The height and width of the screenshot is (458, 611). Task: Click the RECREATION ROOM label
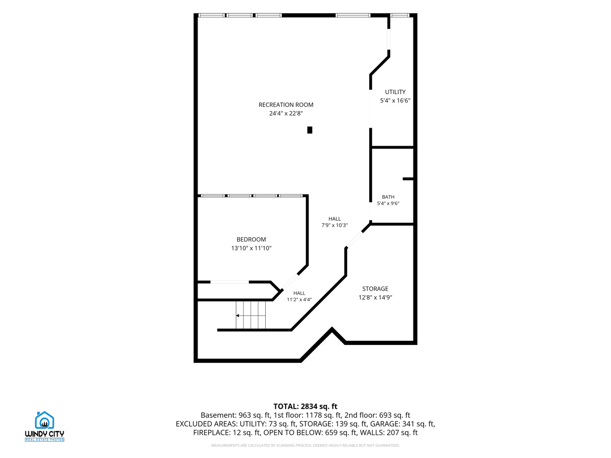[286, 105]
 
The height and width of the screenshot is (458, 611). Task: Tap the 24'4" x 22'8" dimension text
[286, 113]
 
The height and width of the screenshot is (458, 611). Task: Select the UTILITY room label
[395, 92]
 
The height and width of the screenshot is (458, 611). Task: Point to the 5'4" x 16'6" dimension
[395, 101]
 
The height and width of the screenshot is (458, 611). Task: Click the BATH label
[388, 197]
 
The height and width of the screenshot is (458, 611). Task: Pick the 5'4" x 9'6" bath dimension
[388, 203]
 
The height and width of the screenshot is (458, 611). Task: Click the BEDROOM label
[251, 239]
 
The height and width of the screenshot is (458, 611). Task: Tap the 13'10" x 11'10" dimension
[251, 248]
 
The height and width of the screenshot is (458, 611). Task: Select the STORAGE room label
[375, 289]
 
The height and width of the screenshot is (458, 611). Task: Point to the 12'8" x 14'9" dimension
[375, 298]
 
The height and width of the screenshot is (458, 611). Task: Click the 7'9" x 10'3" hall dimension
[335, 225]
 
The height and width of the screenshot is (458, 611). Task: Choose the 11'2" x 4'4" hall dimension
[299, 300]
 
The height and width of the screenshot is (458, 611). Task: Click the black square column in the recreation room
[310, 130]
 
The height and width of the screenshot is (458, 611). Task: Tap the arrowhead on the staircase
[237, 316]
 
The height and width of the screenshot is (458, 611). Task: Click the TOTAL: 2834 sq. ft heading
[305, 406]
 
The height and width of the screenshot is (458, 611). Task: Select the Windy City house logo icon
[44, 420]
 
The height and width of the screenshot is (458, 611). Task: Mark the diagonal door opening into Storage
[354, 239]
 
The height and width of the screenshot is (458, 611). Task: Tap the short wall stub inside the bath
[408, 179]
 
